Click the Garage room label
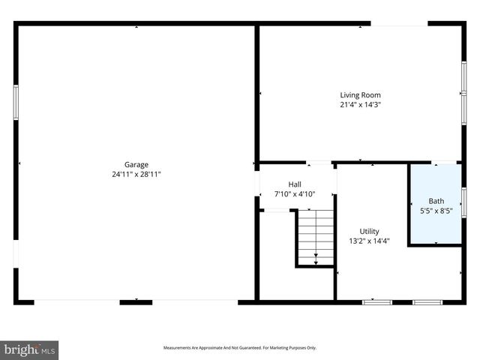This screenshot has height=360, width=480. tap(136, 164)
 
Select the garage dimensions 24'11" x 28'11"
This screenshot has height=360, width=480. tap(136, 174)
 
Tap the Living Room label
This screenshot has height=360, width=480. tap(360, 95)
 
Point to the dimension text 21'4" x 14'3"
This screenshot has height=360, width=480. tap(360, 105)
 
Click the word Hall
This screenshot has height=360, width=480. tap(295, 184)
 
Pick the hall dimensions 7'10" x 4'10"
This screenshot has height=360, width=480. tap(295, 194)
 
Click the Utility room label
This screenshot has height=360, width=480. tap(369, 231)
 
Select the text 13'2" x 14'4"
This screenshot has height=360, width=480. tap(369, 241)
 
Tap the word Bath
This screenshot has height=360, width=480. tap(436, 201)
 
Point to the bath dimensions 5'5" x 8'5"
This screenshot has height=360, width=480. tap(436, 211)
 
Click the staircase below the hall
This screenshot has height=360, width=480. tap(315, 236)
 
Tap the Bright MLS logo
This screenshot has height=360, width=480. tap(29, 349)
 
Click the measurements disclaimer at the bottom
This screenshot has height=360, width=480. tap(240, 348)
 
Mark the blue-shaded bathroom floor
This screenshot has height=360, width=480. tap(435, 225)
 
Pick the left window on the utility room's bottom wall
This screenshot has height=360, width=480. tap(377, 302)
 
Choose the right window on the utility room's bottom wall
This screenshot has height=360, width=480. tap(428, 302)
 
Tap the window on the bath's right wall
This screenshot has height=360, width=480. tap(464, 202)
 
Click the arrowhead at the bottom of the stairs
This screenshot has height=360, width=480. tap(316, 262)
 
